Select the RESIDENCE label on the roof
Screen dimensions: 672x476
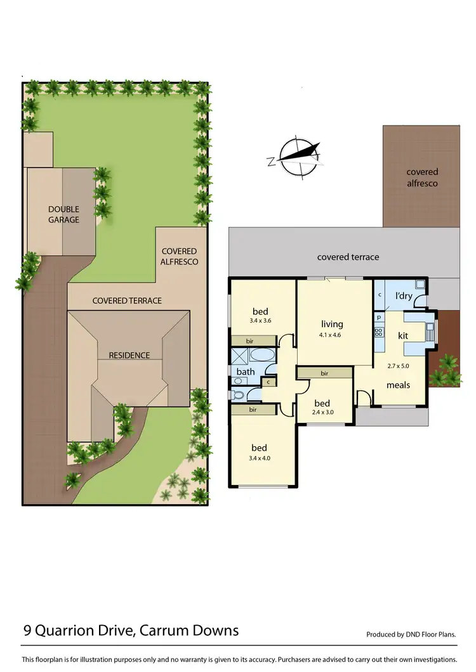pos(129,355)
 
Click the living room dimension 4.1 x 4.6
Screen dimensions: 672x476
pos(332,335)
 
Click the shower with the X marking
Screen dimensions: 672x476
pos(239,355)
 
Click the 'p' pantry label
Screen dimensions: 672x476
pos(378,316)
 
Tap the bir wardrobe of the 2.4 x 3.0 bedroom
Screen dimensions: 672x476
pos(324,373)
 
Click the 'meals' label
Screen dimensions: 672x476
pos(398,385)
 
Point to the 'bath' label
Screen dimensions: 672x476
pos(246,372)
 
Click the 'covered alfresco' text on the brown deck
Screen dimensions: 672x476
pos(422,178)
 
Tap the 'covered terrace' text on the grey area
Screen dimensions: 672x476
pos(348,257)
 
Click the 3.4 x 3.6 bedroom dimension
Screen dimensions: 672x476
pos(260,321)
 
